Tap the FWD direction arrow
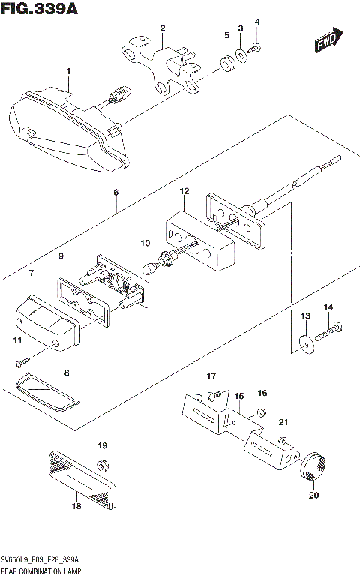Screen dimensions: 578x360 (328, 42)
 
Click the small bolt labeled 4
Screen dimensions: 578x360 (256, 48)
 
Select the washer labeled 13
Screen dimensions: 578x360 (306, 342)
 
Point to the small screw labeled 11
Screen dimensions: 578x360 (20, 363)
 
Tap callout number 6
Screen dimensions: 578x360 (116, 193)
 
